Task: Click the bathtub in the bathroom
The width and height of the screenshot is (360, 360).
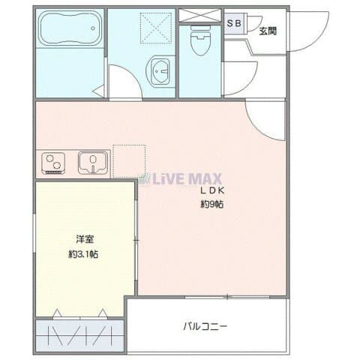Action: click(x=71, y=28)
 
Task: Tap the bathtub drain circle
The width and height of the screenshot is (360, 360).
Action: click(x=93, y=28)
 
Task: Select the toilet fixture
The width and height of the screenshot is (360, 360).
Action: click(x=200, y=40)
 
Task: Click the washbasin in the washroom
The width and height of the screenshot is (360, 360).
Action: click(x=160, y=70)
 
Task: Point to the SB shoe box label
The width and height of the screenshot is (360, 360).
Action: click(x=234, y=23)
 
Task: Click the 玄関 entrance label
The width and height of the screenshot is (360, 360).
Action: click(x=268, y=31)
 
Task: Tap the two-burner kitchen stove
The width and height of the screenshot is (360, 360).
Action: click(x=53, y=163)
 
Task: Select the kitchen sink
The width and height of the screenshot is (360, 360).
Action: click(x=93, y=162)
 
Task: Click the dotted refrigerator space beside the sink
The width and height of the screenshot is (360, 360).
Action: click(x=129, y=161)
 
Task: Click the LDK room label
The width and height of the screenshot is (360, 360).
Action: click(x=212, y=190)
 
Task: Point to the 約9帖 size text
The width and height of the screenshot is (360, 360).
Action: click(x=212, y=205)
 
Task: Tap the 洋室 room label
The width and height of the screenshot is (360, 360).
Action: click(x=85, y=239)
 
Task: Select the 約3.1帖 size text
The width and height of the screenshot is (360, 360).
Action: click(x=83, y=254)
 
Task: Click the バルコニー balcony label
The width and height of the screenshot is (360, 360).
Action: click(x=205, y=326)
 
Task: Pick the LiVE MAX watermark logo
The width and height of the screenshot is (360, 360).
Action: click(x=181, y=178)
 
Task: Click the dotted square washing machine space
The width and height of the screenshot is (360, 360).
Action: click(x=156, y=28)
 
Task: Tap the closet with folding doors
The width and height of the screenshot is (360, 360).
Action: click(x=79, y=335)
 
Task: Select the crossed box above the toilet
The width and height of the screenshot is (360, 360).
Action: click(x=200, y=16)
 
